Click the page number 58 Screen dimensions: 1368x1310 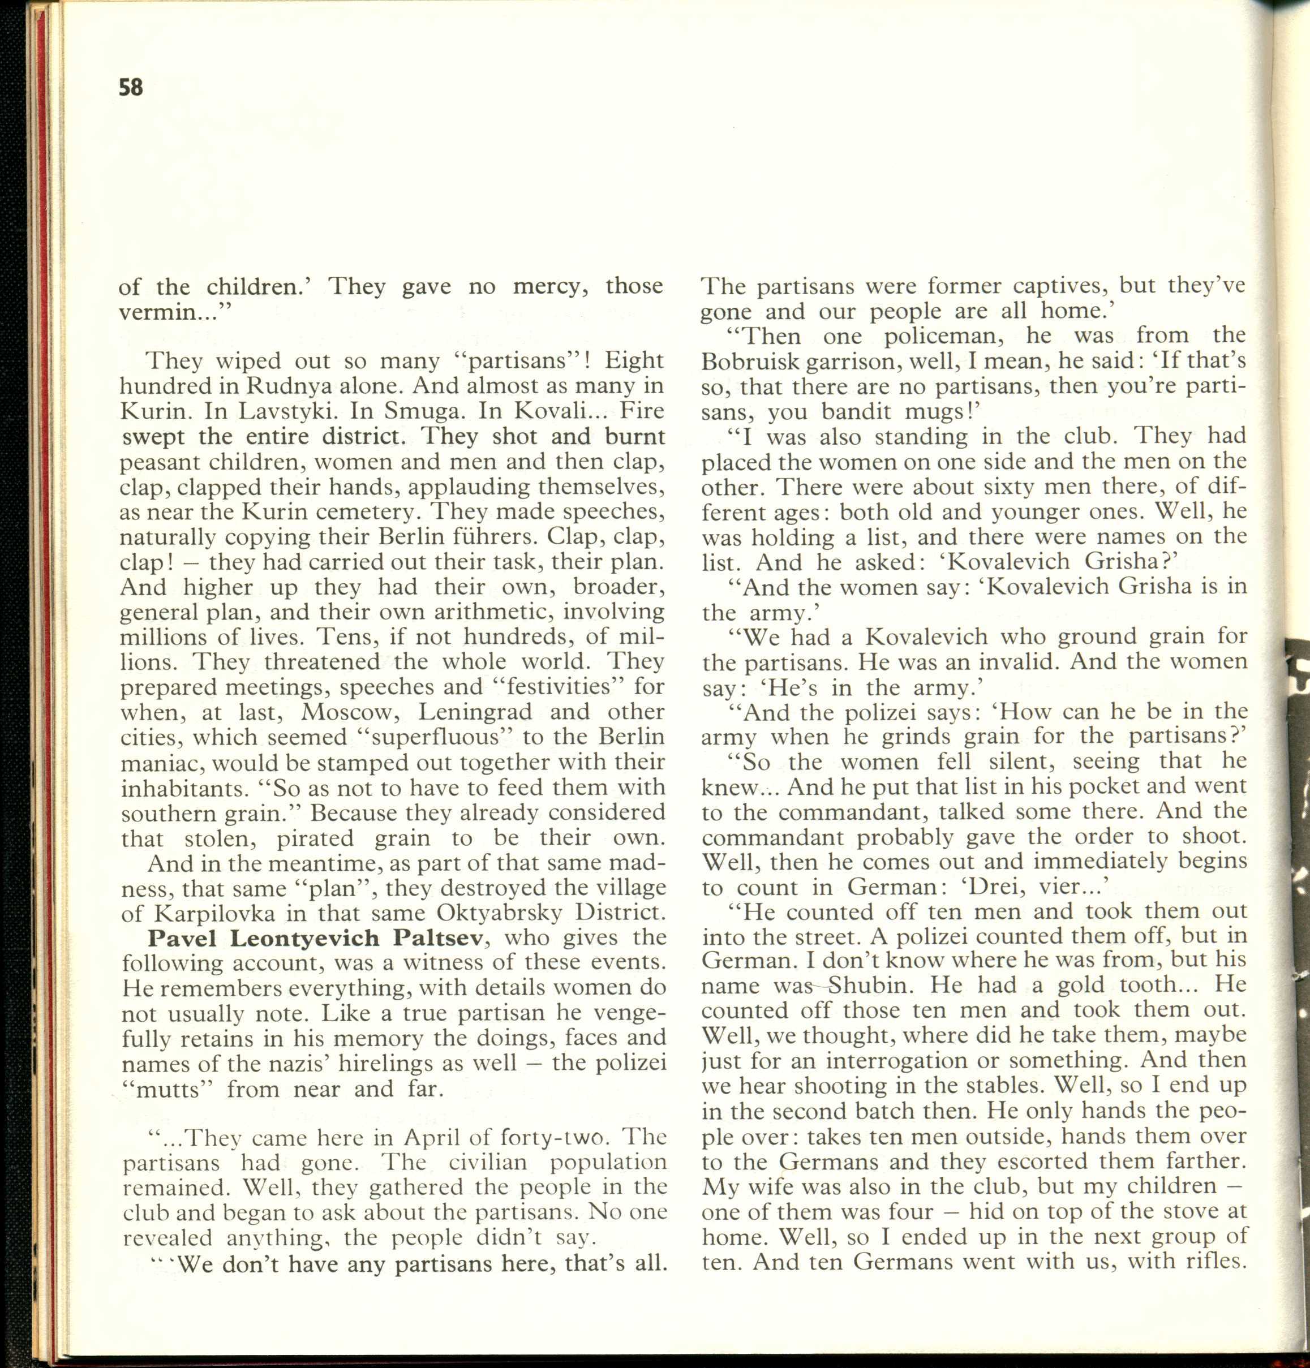point(131,87)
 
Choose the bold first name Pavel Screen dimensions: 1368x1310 point(183,939)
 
